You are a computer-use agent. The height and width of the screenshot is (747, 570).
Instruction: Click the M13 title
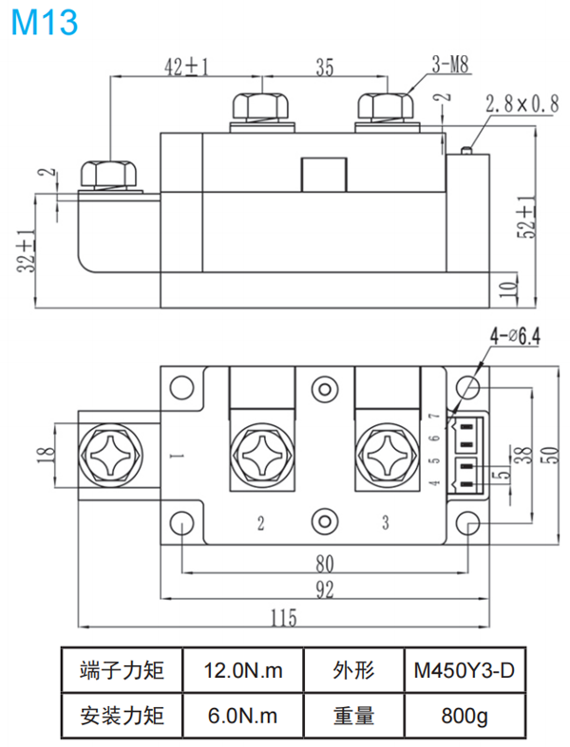44,22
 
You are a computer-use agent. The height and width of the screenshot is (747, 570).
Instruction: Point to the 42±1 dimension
186,66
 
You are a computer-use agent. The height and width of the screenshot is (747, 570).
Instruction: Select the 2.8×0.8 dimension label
520,105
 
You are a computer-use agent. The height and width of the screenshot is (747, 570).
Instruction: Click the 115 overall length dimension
282,618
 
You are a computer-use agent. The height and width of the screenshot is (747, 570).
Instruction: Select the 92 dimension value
325,590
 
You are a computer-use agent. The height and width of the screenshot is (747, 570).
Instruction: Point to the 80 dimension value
325,562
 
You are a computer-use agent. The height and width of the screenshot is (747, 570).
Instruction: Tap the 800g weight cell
464,715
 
